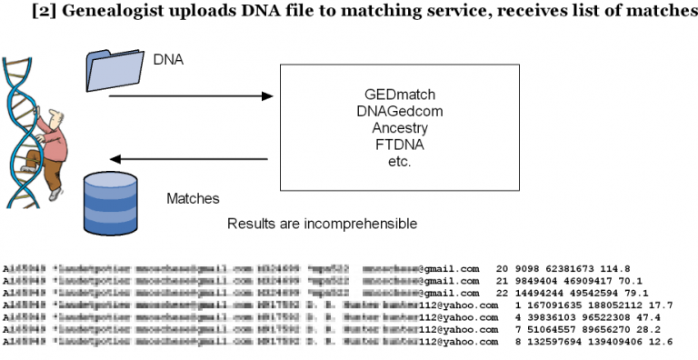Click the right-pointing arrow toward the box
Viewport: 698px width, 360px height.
coord(191,95)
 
